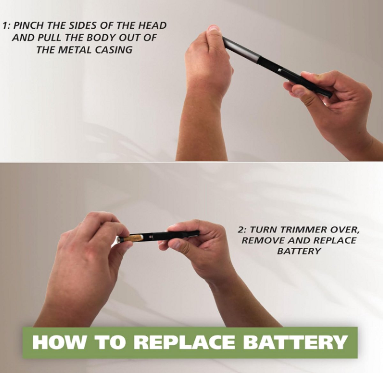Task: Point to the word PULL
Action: (x=49, y=38)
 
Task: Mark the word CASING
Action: (x=113, y=50)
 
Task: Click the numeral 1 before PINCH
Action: (x=5, y=26)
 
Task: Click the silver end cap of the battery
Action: (x=118, y=239)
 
